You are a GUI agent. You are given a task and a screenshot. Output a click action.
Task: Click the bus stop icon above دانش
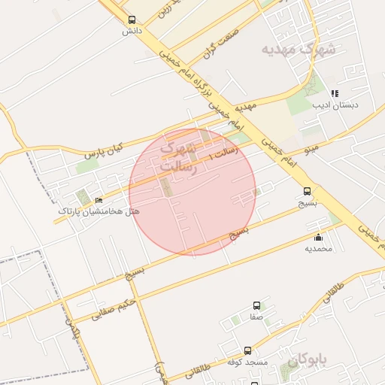point(132,20)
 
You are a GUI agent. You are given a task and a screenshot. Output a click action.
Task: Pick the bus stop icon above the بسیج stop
point(307,192)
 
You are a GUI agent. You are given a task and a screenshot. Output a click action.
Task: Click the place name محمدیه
point(318,248)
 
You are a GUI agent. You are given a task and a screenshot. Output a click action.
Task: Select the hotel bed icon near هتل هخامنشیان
point(99,201)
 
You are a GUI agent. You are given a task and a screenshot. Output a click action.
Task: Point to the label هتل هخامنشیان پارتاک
point(99,212)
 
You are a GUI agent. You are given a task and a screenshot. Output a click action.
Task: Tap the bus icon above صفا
point(257,306)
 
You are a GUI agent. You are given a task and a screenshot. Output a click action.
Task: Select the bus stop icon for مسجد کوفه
point(247,351)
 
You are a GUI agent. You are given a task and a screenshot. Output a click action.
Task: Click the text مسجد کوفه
point(247,362)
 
